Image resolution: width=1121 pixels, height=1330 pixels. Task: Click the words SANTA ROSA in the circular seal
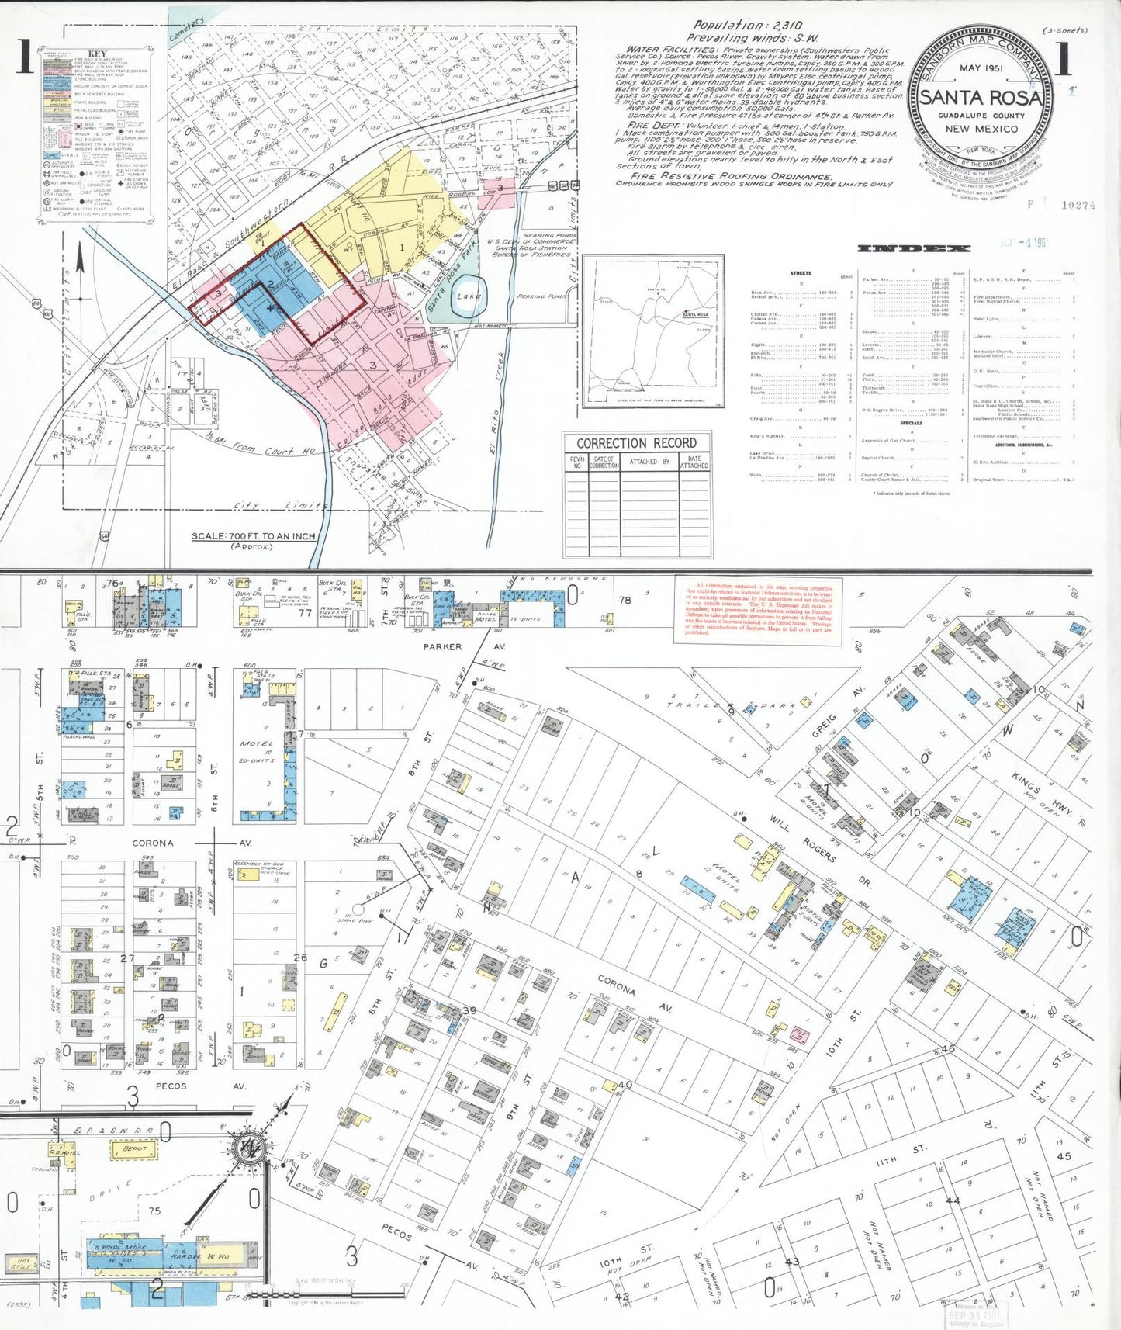(980, 98)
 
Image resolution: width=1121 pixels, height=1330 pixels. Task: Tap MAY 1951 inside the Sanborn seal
(981, 68)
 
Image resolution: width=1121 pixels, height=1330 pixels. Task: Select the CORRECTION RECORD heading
(636, 443)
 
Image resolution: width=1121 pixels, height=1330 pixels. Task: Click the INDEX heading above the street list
(913, 248)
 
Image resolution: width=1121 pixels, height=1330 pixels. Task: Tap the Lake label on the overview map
(469, 296)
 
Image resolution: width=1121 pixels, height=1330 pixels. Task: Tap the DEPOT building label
(134, 1148)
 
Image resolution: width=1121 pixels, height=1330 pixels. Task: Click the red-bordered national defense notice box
(758, 610)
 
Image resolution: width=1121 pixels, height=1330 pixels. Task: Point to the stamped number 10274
(1078, 206)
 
